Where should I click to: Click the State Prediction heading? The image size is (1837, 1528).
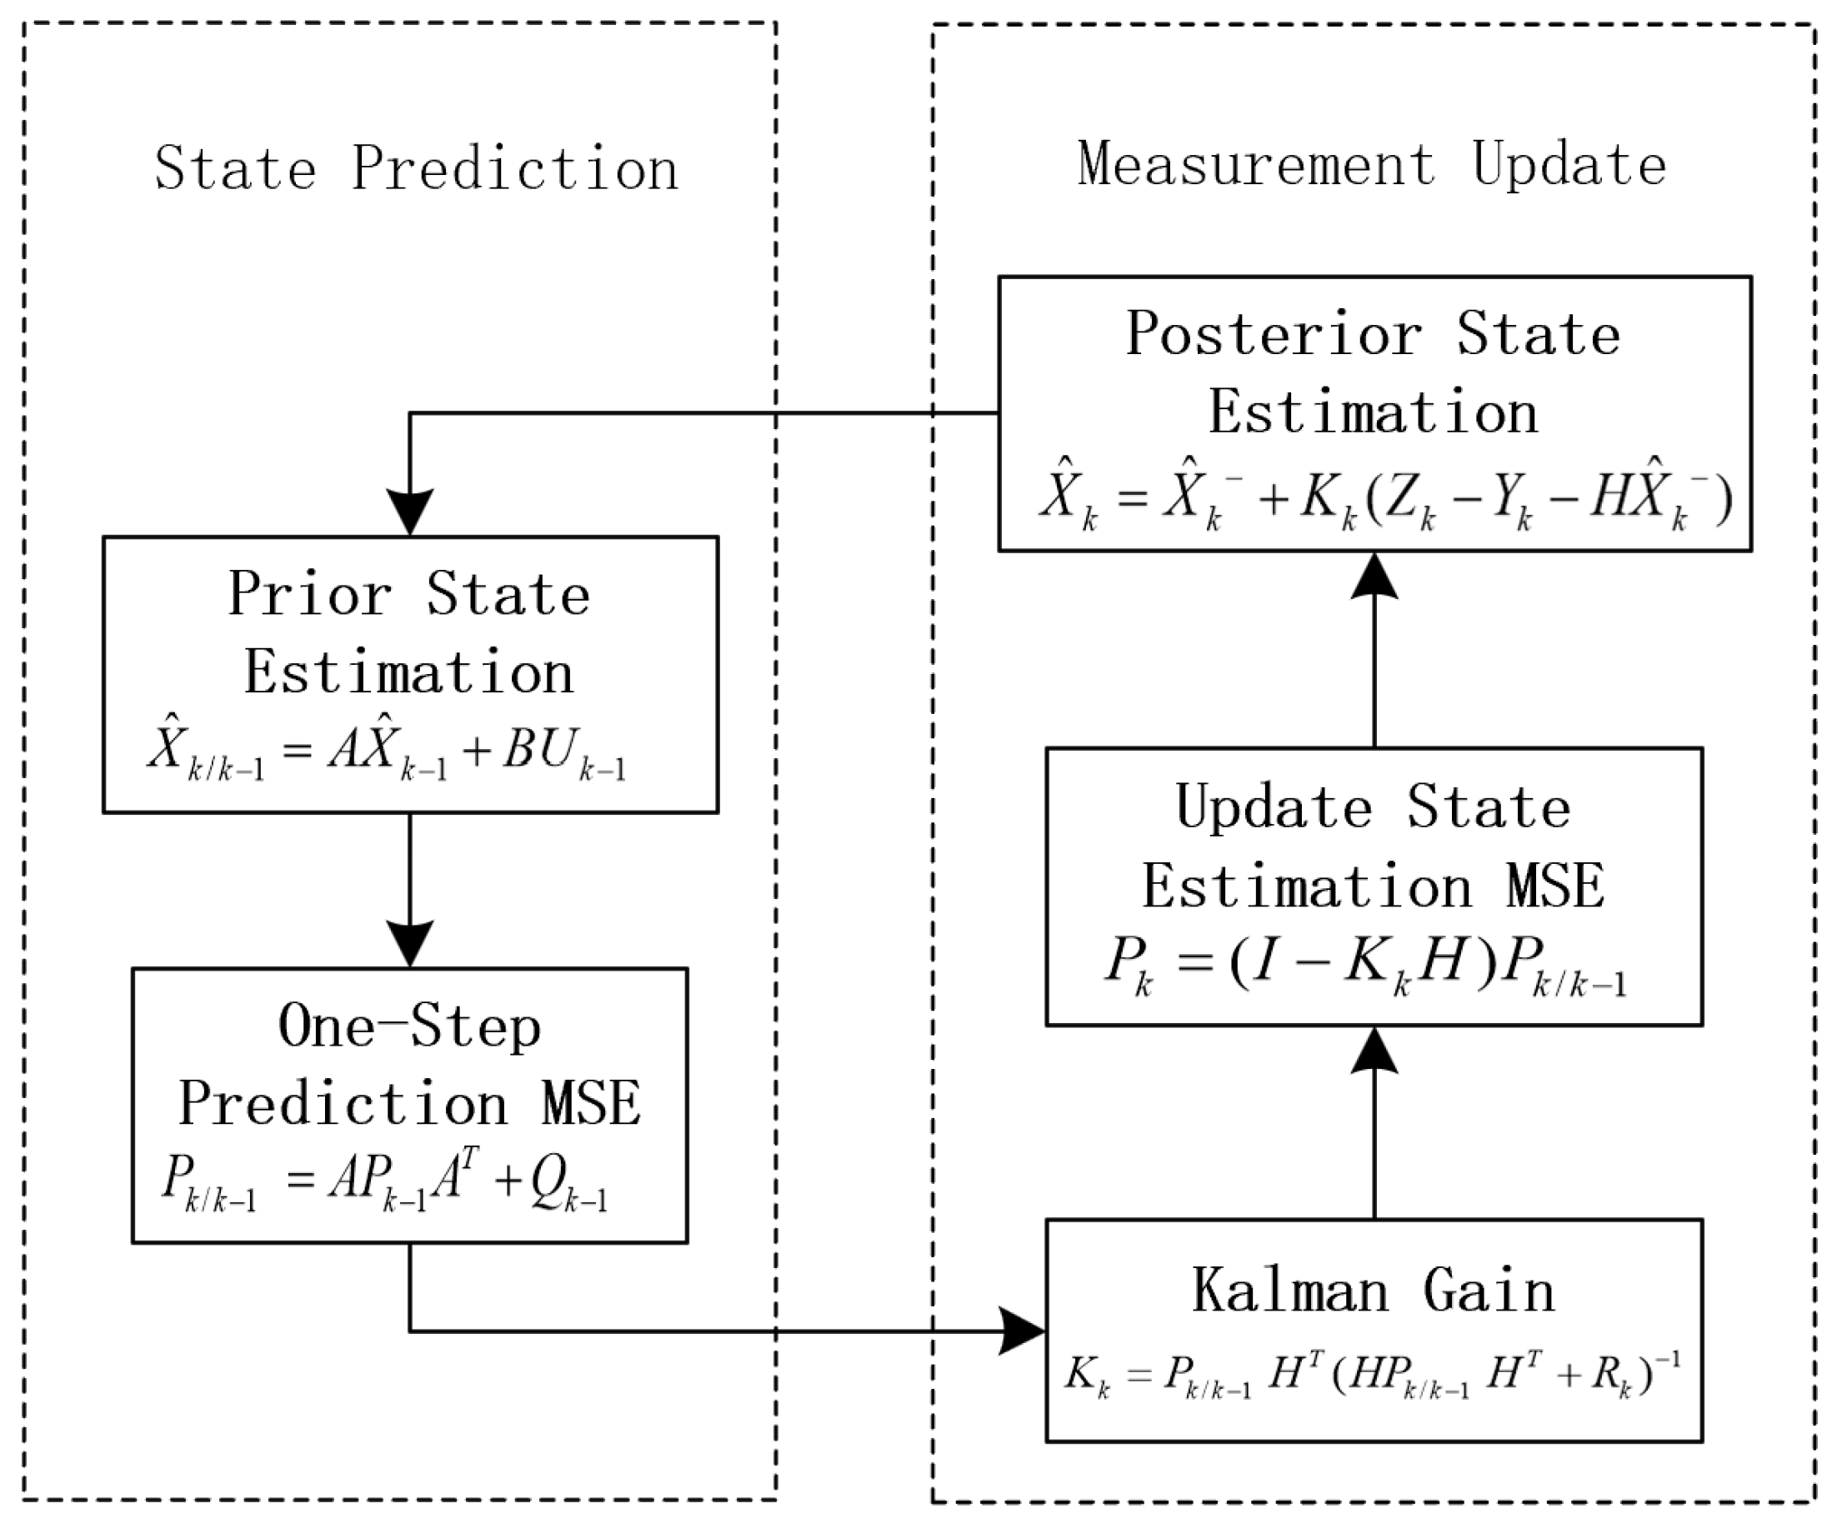[x=417, y=169]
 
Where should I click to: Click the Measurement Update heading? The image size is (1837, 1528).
[x=1371, y=165]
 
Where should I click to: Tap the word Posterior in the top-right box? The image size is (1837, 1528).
[x=1274, y=334]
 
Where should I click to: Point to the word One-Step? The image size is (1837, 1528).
[x=409, y=1026]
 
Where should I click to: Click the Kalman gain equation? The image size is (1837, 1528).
[x=1372, y=1373]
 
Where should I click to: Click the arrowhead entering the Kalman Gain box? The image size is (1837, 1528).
[x=1024, y=1331]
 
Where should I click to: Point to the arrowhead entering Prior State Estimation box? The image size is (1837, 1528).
[x=410, y=512]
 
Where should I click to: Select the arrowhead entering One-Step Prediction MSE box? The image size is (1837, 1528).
[x=410, y=944]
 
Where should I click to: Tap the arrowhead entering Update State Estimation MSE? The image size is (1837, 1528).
[x=1374, y=1050]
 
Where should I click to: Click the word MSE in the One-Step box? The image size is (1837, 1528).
[x=590, y=1104]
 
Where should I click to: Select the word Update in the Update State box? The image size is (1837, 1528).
[x=1274, y=806]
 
